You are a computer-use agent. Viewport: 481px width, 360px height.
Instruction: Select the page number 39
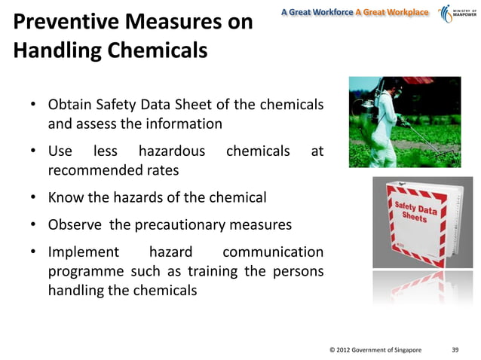pyautogui.click(x=455, y=349)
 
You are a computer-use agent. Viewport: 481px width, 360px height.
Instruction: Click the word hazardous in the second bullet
pyautogui.click(x=171, y=151)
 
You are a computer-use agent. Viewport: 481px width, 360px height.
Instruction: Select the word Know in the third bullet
pyautogui.click(x=65, y=198)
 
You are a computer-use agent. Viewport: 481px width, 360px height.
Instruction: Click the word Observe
pyautogui.click(x=74, y=224)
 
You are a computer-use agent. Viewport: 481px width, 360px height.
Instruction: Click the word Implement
pyautogui.click(x=84, y=252)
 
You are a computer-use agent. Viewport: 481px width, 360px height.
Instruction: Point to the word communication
pyautogui.click(x=274, y=252)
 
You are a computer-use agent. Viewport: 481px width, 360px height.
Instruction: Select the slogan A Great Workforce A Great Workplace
pyautogui.click(x=354, y=13)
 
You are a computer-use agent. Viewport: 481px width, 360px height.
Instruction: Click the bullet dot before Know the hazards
pyautogui.click(x=35, y=199)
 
